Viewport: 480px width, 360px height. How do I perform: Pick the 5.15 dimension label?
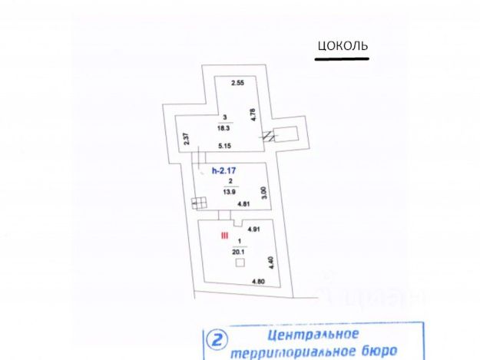pos(225,146)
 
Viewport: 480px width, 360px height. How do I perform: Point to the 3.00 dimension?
pos(263,192)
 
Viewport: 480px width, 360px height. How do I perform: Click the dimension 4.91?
pos(255,229)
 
